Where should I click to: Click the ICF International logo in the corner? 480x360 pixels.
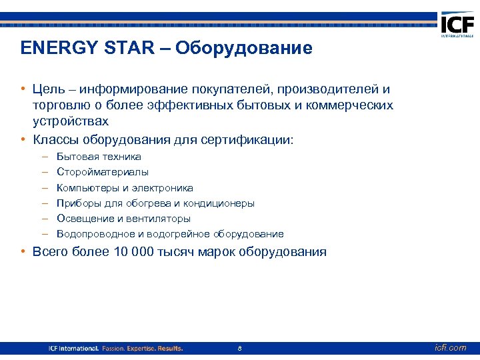[x=457, y=27]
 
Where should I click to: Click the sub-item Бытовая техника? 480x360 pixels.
[x=99, y=157]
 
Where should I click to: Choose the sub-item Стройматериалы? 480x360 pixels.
[x=103, y=172]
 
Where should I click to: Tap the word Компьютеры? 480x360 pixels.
[x=88, y=188]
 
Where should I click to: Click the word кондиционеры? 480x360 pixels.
[x=219, y=203]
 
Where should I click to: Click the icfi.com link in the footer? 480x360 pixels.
[x=451, y=348]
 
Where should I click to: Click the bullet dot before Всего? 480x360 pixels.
[x=23, y=252]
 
